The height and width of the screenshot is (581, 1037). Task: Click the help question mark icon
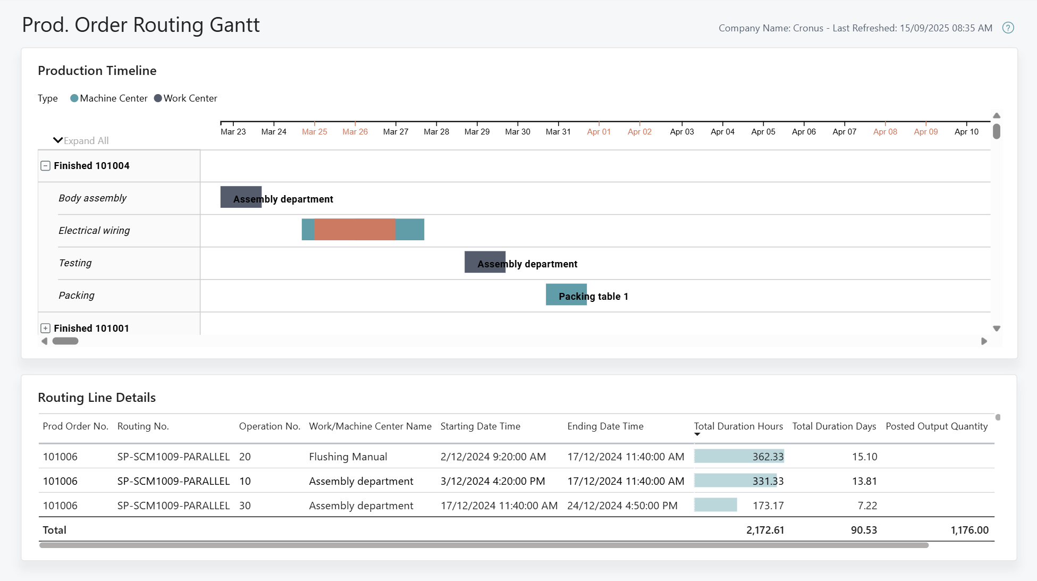pyautogui.click(x=1008, y=28)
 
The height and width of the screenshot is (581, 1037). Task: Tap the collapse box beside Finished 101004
pyautogui.click(x=46, y=166)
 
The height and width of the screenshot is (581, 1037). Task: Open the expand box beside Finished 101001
pyautogui.click(x=46, y=329)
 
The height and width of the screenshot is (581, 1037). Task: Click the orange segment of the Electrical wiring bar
pyautogui.click(x=355, y=230)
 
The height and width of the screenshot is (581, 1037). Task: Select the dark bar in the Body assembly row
pyautogui.click(x=240, y=197)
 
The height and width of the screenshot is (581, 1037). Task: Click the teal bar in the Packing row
pyautogui.click(x=566, y=294)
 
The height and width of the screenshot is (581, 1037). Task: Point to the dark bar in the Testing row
pyautogui.click(x=484, y=262)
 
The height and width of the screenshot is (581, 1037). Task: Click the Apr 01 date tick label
pyautogui.click(x=598, y=132)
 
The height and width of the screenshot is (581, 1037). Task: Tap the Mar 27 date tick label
pyautogui.click(x=395, y=132)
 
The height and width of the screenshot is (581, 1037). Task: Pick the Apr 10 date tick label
pyautogui.click(x=966, y=132)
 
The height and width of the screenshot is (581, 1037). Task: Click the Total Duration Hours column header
pyautogui.click(x=738, y=426)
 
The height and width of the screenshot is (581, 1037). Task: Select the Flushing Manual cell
pyautogui.click(x=348, y=457)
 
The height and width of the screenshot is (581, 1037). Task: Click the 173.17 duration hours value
pyautogui.click(x=768, y=506)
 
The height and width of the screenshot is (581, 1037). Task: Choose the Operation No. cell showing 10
pyautogui.click(x=245, y=481)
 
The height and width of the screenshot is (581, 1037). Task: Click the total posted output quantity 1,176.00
pyautogui.click(x=969, y=530)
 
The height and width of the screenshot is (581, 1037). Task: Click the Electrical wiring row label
pyautogui.click(x=94, y=231)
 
